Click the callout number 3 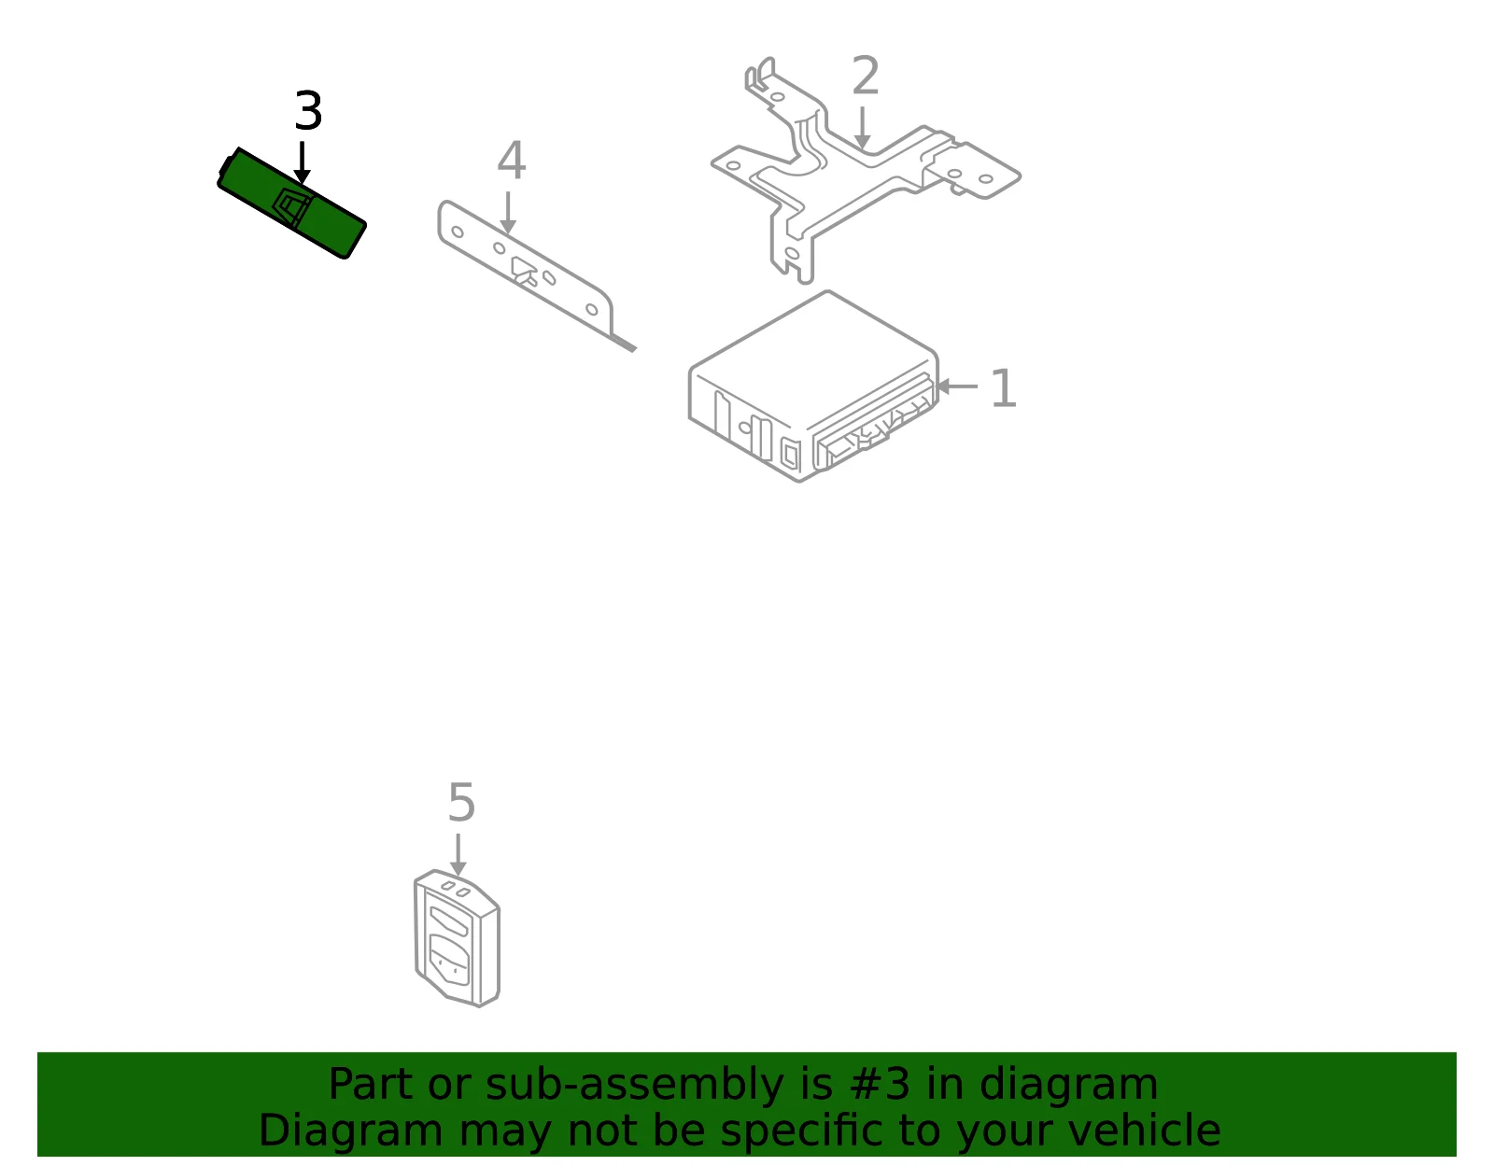tap(308, 110)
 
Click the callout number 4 tap(512, 160)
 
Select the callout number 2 tap(865, 75)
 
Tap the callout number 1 tap(1003, 388)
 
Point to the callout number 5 tap(461, 802)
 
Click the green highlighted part tap(291, 203)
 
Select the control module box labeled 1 tap(813, 386)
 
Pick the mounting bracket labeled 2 tap(865, 168)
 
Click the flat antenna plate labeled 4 tap(526, 268)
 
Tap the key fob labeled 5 tap(458, 938)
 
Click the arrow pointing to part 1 tap(958, 386)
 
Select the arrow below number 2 tap(862, 127)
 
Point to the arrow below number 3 tap(302, 162)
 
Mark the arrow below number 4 tap(508, 213)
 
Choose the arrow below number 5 tap(458, 855)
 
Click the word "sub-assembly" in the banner tap(635, 1085)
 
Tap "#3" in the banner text tap(880, 1084)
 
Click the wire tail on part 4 tap(624, 344)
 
